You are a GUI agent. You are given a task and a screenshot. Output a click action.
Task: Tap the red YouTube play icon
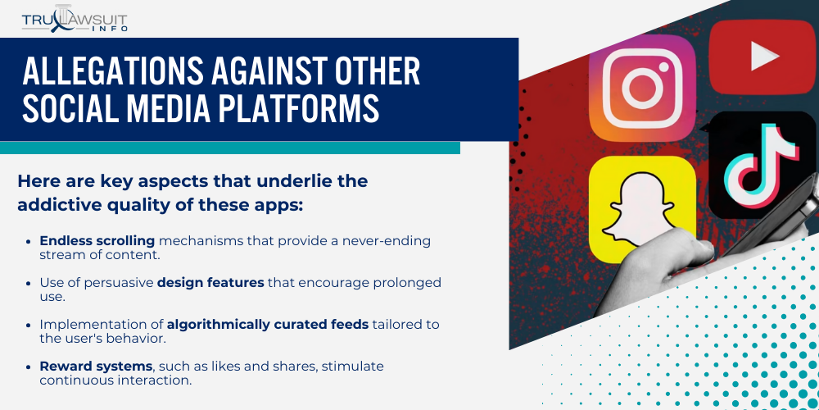pyautogui.click(x=761, y=56)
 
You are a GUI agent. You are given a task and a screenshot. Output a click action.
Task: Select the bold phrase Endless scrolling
pyautogui.click(x=97, y=241)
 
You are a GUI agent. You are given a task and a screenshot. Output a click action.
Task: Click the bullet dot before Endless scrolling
pyautogui.click(x=31, y=241)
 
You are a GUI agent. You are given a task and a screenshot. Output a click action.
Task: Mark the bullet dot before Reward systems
pyautogui.click(x=31, y=366)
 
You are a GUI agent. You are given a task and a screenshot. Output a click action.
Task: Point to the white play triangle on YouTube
pyautogui.click(x=765, y=56)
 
